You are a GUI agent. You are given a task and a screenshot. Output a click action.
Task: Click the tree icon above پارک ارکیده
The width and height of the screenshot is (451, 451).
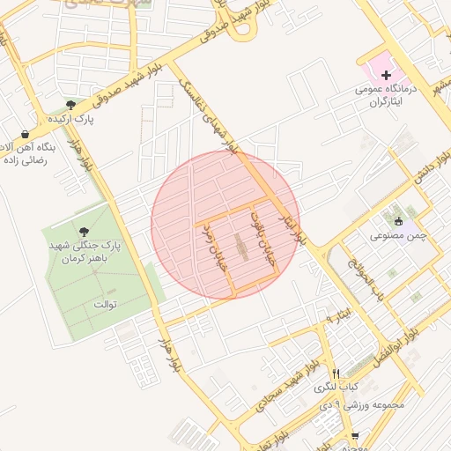70,105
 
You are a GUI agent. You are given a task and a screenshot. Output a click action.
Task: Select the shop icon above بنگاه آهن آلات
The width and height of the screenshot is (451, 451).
26,133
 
